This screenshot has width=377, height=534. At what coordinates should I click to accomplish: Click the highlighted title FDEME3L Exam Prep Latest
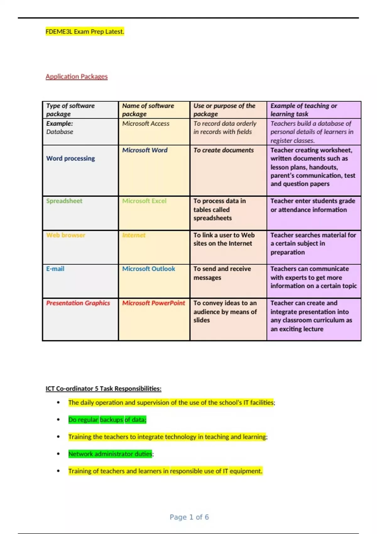(x=85, y=31)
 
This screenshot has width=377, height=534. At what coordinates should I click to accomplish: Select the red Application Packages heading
(x=76, y=76)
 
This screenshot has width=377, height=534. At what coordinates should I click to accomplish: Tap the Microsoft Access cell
(x=146, y=123)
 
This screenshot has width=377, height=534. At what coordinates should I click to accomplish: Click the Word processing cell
(x=70, y=158)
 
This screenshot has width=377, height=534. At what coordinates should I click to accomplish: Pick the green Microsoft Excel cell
(x=144, y=201)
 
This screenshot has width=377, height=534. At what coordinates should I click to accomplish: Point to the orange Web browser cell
(x=66, y=235)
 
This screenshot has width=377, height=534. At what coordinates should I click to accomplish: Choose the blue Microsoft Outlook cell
(x=149, y=269)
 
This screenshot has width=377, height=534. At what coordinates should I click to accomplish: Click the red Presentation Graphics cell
(x=78, y=303)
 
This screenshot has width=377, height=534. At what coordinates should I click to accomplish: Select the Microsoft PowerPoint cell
(x=154, y=303)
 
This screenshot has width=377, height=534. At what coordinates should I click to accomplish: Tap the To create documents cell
(x=223, y=150)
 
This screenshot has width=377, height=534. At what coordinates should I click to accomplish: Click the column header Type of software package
(x=70, y=110)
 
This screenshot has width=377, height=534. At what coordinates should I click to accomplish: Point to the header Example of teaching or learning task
(x=303, y=110)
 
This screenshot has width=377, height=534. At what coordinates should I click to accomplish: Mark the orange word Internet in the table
(x=134, y=235)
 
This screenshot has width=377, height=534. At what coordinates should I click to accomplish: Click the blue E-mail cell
(x=55, y=269)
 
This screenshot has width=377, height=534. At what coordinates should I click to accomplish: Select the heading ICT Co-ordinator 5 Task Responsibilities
(x=103, y=389)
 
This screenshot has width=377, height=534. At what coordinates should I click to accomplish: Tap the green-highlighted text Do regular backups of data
(x=107, y=420)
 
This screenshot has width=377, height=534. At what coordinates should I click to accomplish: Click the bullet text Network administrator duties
(x=110, y=454)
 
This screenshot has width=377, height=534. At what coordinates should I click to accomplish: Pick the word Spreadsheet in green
(x=64, y=201)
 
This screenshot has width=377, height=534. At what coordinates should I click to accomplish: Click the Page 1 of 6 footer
(x=189, y=517)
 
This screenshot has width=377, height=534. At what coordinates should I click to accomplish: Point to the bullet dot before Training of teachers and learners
(x=58, y=471)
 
